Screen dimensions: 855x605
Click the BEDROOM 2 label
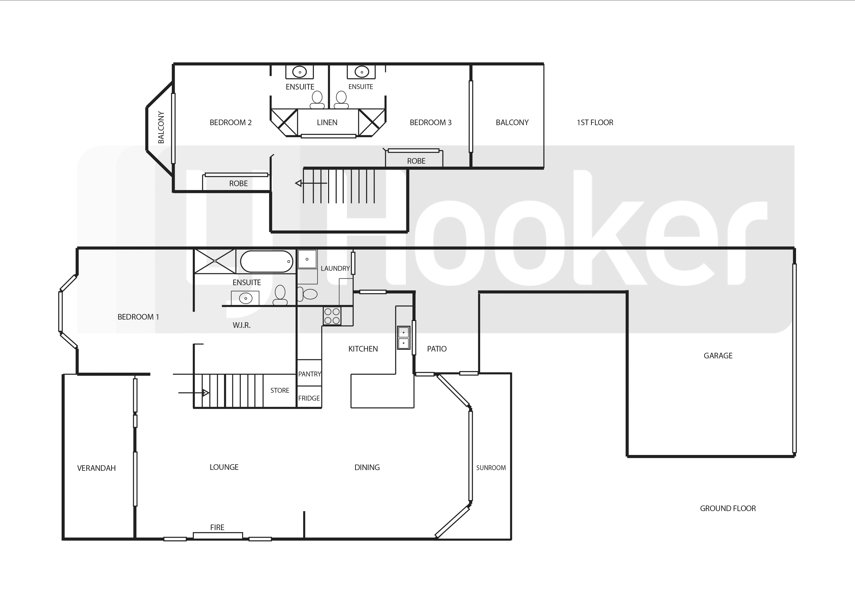[231, 123]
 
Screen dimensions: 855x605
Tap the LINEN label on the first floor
[327, 123]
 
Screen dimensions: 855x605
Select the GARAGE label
[718, 356]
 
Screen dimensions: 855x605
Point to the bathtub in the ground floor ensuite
[267, 261]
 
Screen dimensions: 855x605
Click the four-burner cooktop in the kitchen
[332, 316]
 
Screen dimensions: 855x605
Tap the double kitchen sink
[404, 338]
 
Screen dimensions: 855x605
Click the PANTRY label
[310, 374]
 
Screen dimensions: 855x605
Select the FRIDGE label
[309, 398]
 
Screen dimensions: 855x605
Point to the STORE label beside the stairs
[280, 391]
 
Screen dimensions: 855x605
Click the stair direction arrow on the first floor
[311, 183]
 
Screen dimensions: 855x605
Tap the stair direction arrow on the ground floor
[194, 393]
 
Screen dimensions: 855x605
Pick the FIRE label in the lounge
[217, 527]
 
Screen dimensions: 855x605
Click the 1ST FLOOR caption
[595, 123]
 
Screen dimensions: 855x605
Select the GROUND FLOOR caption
[728, 508]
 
